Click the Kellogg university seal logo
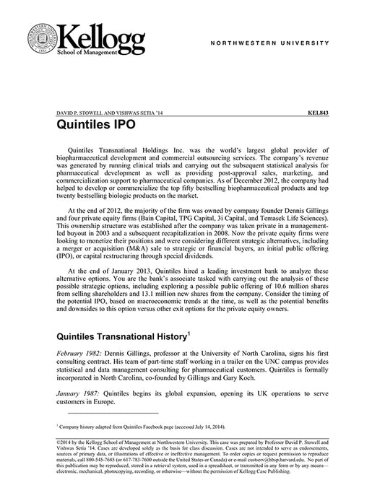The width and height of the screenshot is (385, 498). tap(41, 40)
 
